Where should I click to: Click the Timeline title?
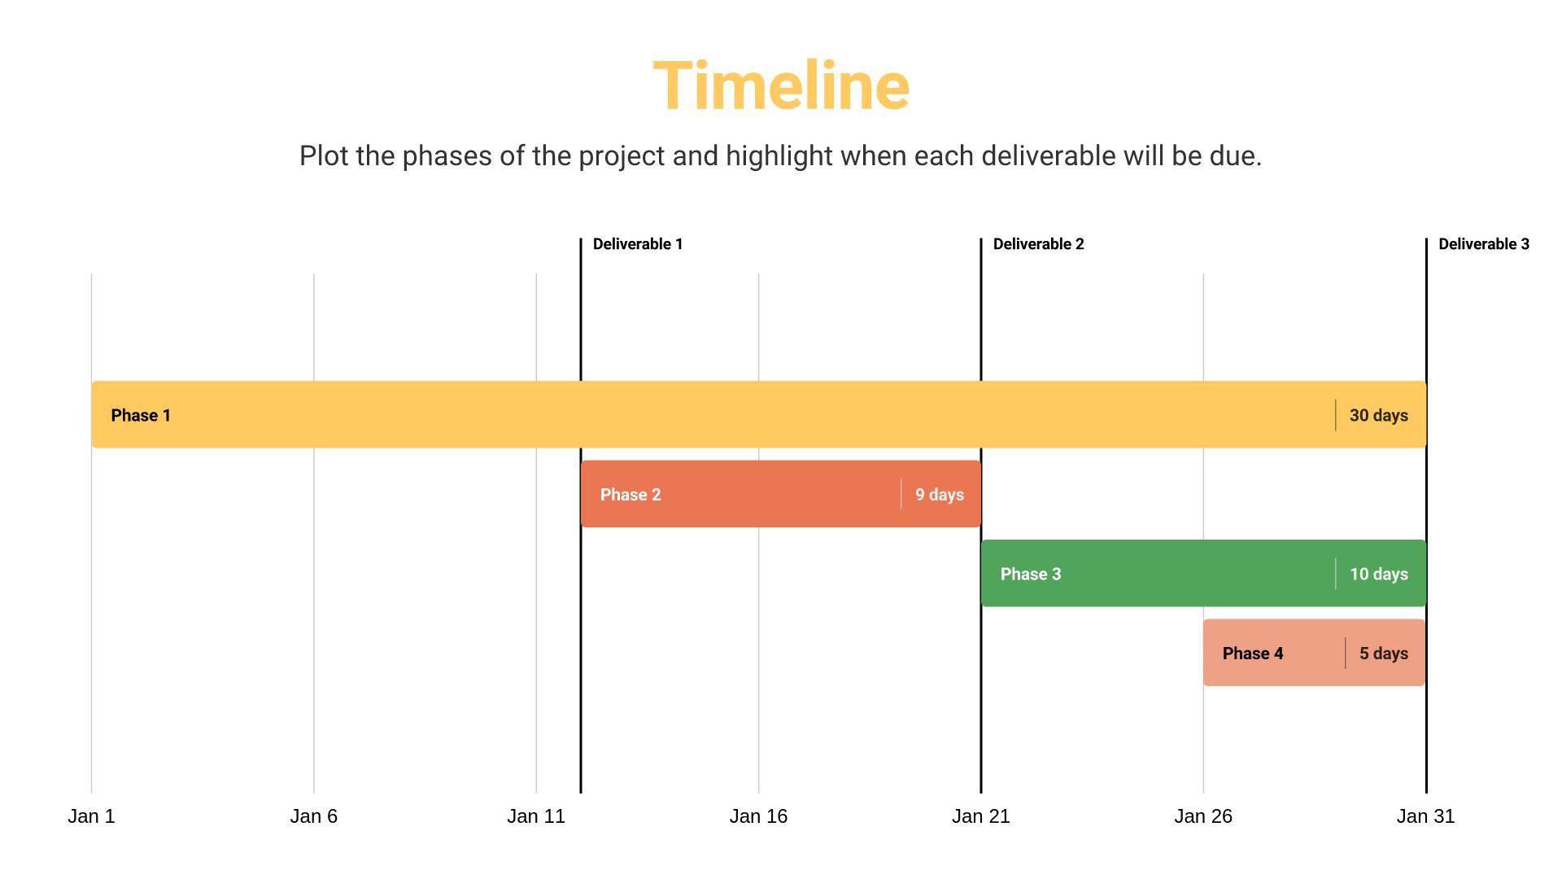(781, 86)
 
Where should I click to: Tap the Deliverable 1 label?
(638, 244)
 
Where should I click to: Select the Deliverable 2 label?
(1038, 244)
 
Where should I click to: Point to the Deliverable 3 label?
(1483, 244)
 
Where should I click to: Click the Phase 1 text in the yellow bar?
(141, 415)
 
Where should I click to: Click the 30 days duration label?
(1378, 415)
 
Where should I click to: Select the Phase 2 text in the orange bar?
(630, 495)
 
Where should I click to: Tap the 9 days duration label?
(939, 495)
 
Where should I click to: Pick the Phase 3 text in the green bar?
(1031, 574)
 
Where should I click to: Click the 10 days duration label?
(1378, 574)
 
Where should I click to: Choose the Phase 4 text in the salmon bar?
(1253, 654)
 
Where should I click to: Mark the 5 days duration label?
(1383, 654)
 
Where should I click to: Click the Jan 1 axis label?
(91, 816)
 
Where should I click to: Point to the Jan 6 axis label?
(314, 816)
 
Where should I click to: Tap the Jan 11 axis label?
(536, 816)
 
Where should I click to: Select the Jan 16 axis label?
(758, 816)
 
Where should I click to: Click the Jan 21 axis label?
(981, 816)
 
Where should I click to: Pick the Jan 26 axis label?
(1203, 816)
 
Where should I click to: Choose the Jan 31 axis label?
(1425, 816)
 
